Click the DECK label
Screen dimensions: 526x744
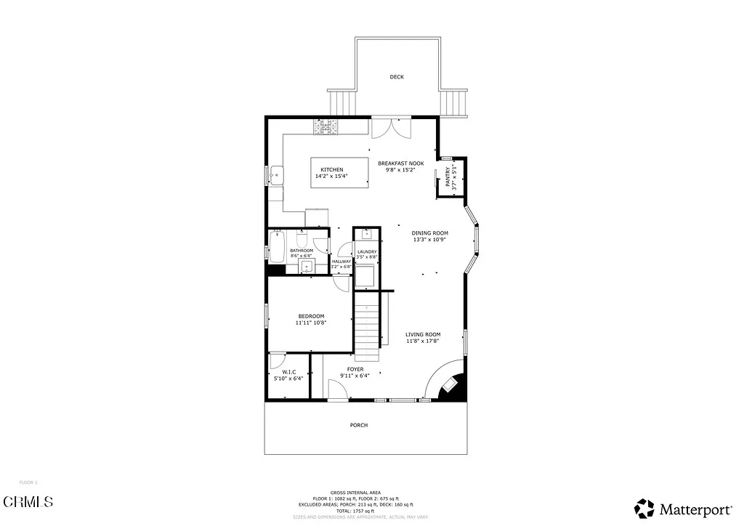point(396,77)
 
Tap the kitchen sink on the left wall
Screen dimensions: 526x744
point(276,174)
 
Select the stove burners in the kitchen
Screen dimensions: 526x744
point(326,127)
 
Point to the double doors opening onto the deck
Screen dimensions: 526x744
point(392,127)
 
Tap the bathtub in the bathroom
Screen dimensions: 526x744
point(278,246)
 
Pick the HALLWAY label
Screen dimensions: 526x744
point(341,262)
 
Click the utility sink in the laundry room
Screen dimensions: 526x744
point(366,234)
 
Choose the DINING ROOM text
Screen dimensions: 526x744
point(429,233)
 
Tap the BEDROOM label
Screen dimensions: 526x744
point(311,316)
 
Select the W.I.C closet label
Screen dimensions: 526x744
point(288,372)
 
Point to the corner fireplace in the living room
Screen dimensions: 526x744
point(451,386)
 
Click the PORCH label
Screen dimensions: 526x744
point(358,426)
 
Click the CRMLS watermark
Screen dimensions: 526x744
point(28,501)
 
